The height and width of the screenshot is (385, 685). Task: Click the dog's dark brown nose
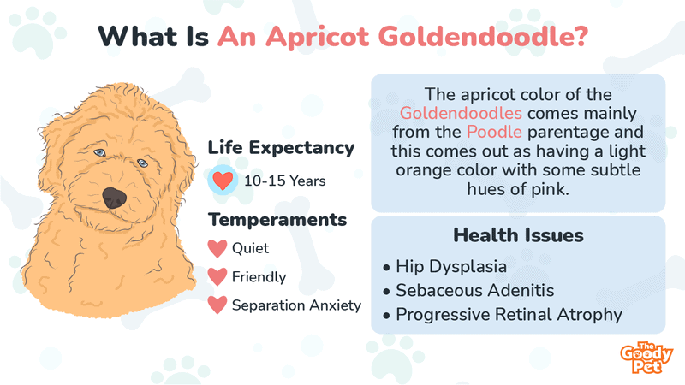point(115,198)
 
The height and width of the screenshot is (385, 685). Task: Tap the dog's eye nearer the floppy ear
point(99,152)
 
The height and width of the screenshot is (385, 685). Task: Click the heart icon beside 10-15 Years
point(223,181)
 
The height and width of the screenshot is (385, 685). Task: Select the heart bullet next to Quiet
point(217,248)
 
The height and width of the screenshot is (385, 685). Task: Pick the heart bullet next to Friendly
point(217,276)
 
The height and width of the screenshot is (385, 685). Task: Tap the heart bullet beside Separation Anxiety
point(217,305)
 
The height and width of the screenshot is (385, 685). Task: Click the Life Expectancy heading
point(281,148)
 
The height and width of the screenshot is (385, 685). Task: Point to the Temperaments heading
point(277,220)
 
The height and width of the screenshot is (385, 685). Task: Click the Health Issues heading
point(518,235)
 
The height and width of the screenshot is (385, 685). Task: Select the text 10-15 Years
point(285,181)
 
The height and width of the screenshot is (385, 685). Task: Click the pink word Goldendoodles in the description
point(461,113)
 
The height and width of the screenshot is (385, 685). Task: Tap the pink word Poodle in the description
point(494,132)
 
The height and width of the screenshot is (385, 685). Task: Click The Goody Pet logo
point(646,358)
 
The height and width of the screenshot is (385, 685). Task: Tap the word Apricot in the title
point(318,37)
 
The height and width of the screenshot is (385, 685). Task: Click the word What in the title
point(138,36)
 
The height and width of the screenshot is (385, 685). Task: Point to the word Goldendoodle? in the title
point(483,36)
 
